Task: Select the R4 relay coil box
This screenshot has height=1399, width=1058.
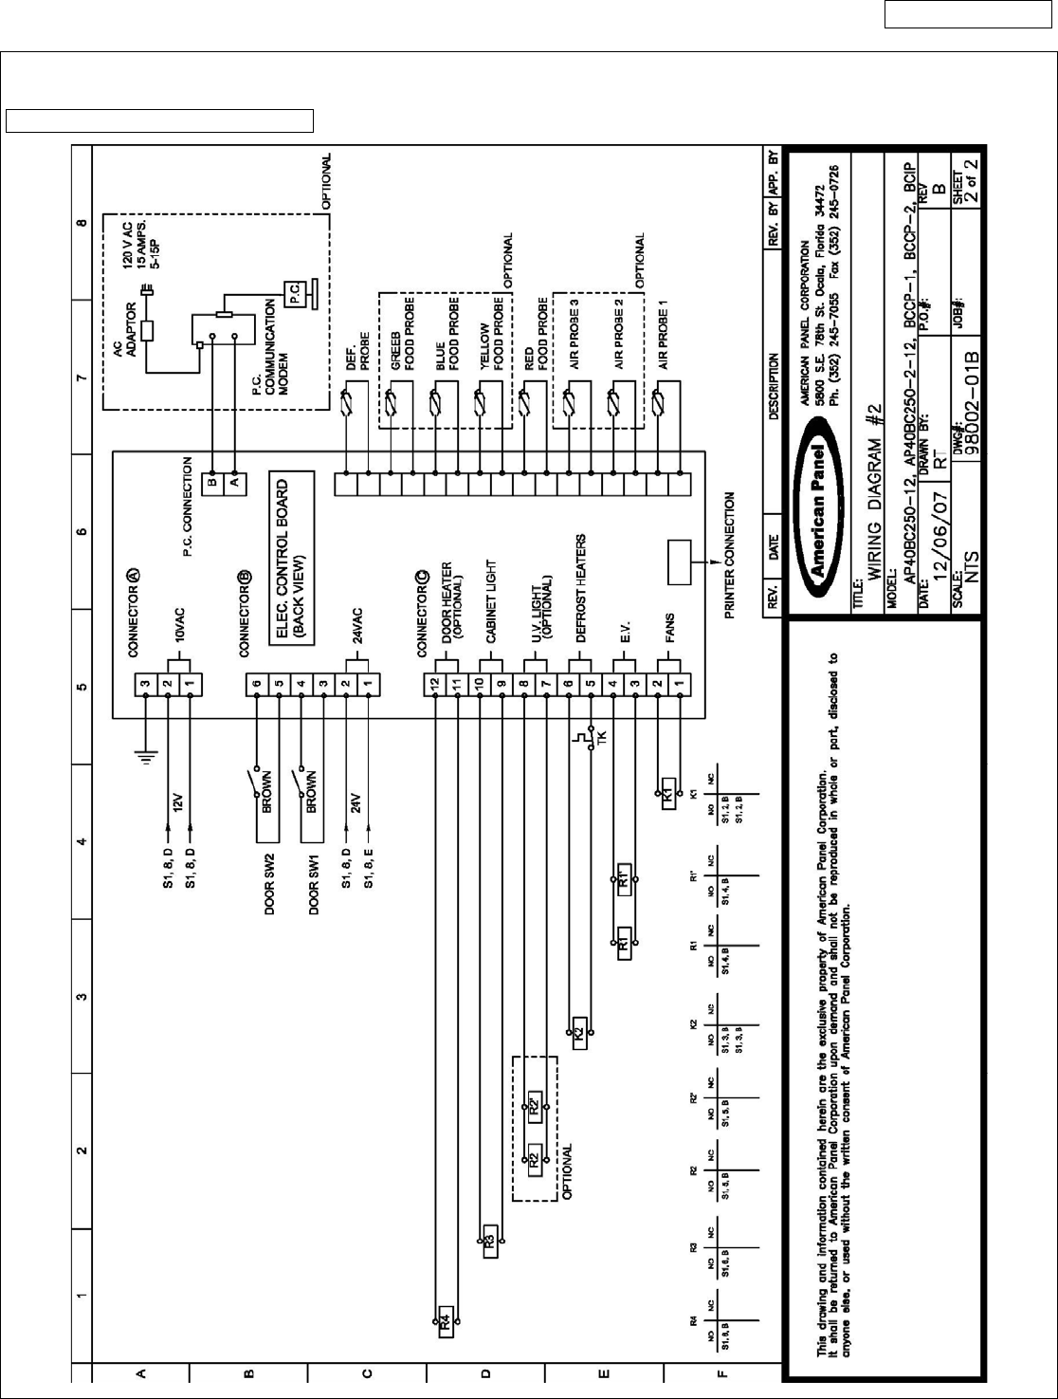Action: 445,1322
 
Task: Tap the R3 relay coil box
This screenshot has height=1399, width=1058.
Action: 489,1241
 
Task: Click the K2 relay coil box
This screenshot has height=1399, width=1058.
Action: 578,1033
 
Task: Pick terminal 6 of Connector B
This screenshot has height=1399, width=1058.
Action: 256,683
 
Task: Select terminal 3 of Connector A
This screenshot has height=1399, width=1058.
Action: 145,683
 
